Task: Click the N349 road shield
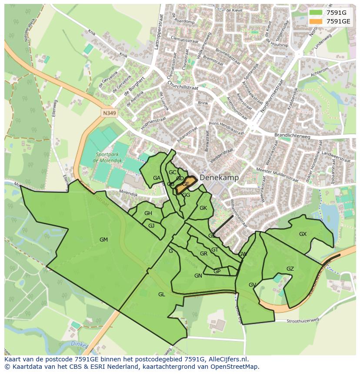(x=110, y=113)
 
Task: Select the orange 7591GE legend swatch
(x=316, y=21)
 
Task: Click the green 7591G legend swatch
(x=316, y=13)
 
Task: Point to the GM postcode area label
(x=103, y=240)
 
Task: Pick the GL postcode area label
(x=162, y=295)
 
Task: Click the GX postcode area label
(x=303, y=234)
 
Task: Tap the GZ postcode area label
(x=290, y=269)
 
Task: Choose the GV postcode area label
(x=252, y=285)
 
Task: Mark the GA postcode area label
(x=157, y=178)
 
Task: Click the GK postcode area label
(x=203, y=208)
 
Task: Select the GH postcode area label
(x=148, y=213)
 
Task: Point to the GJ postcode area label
(x=151, y=226)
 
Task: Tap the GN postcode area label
(x=198, y=276)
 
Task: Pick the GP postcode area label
(x=217, y=271)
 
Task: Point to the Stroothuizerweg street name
(x=303, y=320)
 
